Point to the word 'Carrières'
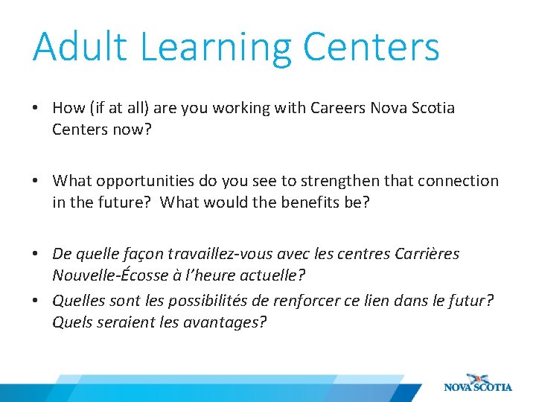pos(427,254)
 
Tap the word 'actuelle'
pos(270,275)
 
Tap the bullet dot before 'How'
pos(35,109)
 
